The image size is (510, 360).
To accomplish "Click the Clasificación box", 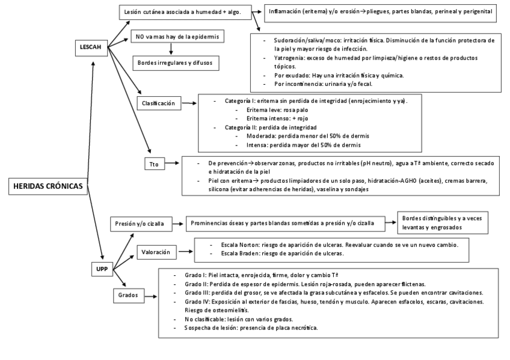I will click(159, 103).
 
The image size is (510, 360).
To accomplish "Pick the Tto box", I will click(155, 163).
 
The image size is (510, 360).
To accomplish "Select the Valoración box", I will click(158, 252).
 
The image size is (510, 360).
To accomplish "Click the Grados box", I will click(129, 295).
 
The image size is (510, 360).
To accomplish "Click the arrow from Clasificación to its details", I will click(191, 103).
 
